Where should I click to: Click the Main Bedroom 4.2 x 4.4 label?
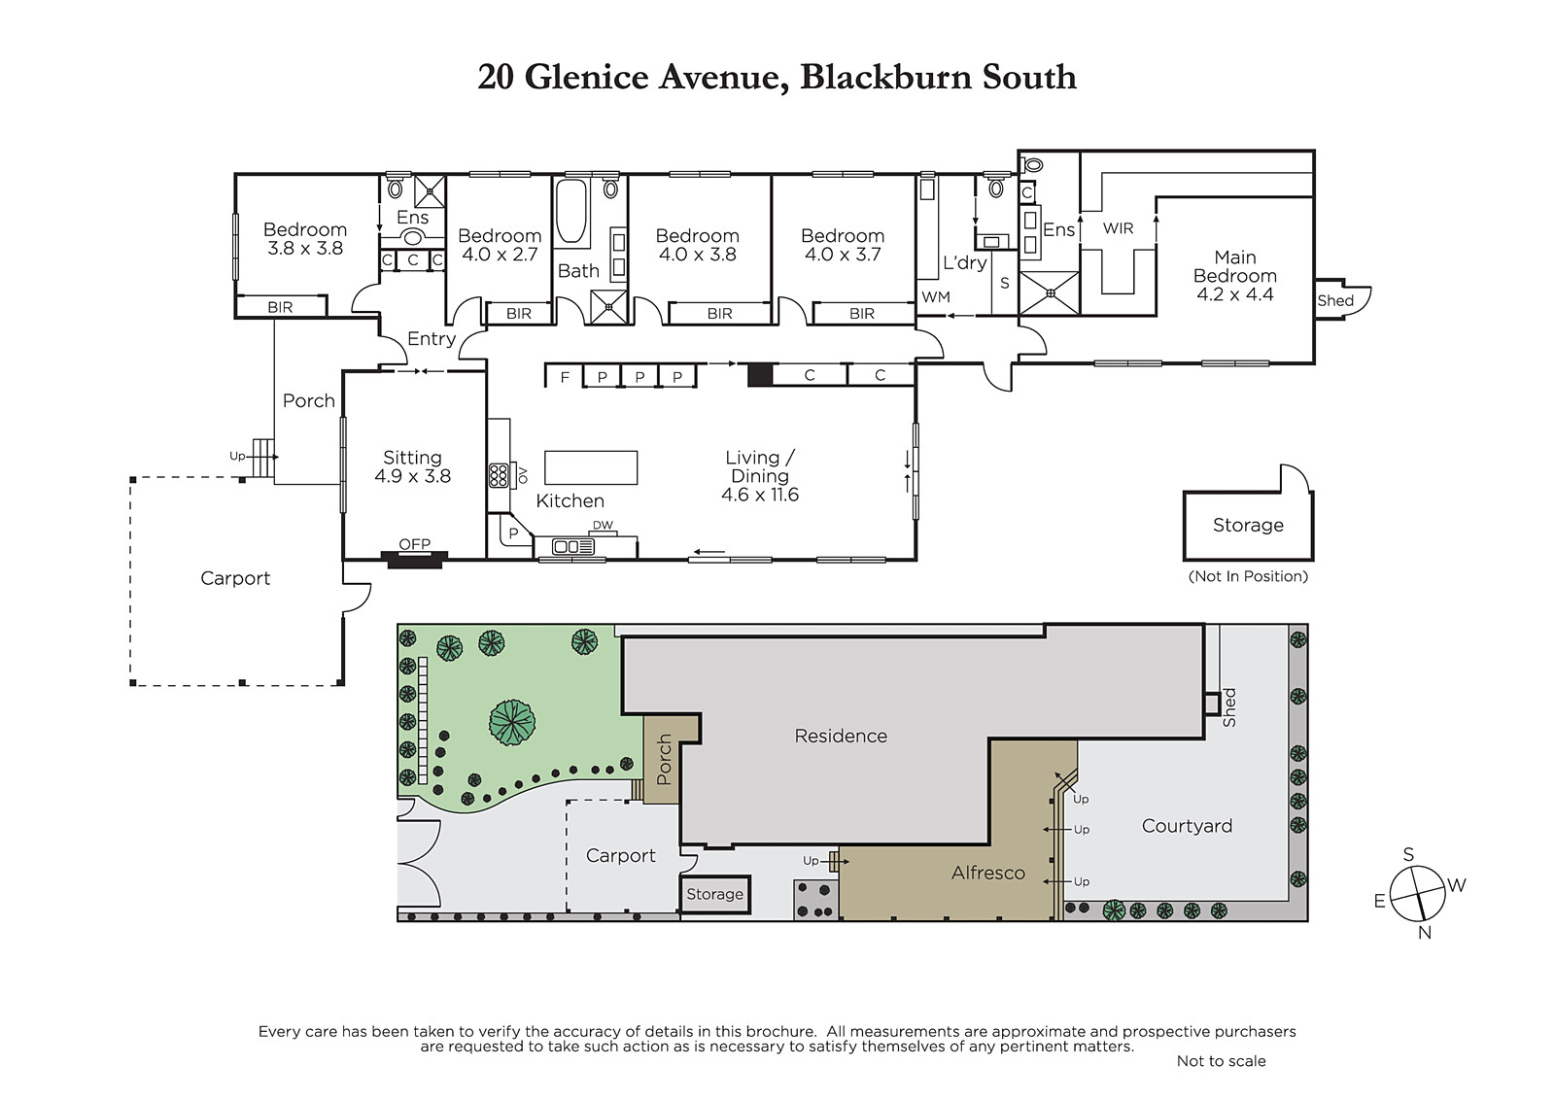tap(1234, 276)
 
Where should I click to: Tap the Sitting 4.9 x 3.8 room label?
tap(412, 466)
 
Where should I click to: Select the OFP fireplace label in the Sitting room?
tap(414, 544)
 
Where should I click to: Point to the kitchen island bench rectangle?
tap(590, 467)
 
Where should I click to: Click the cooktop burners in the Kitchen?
tap(499, 475)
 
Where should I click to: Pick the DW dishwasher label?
tap(603, 526)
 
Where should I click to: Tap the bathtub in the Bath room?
tap(571, 210)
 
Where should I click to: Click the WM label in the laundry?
tap(935, 297)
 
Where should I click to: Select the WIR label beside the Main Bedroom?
tap(1118, 228)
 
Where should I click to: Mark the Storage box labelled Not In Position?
tap(1248, 525)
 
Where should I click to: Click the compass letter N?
tap(1425, 933)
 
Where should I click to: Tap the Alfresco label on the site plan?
tap(987, 873)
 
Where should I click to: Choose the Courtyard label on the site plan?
tap(1187, 826)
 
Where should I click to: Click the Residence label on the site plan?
tap(841, 737)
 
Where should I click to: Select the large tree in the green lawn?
tap(512, 722)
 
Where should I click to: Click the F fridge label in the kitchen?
tap(565, 377)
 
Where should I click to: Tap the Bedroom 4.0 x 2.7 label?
tap(499, 245)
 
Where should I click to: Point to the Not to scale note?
tap(1221, 1061)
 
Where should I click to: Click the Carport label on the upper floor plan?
tap(235, 578)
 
